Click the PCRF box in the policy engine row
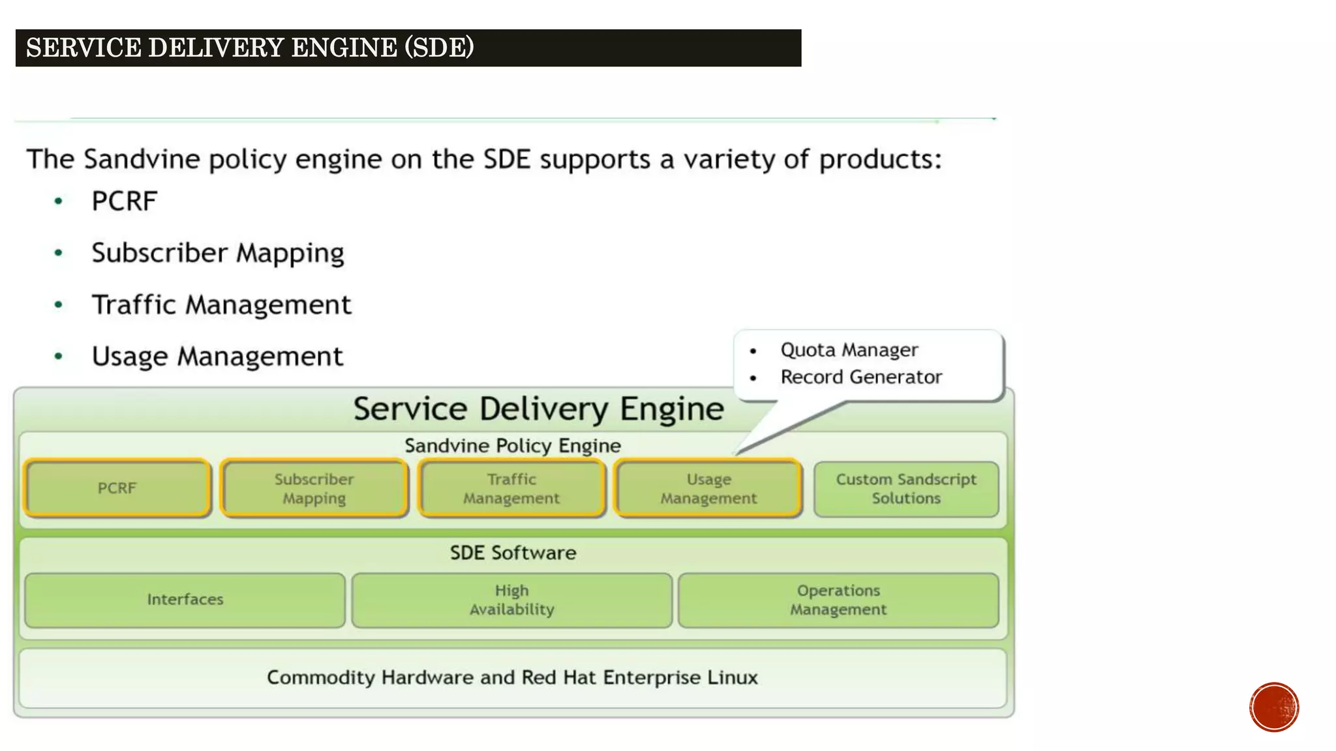point(117,488)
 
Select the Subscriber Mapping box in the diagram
point(314,488)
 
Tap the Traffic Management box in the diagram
point(511,488)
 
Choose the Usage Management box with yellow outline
point(708,488)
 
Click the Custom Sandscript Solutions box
point(906,488)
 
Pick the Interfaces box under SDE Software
point(185,600)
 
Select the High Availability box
point(512,600)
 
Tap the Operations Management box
point(838,600)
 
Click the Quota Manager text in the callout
point(849,350)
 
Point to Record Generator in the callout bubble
point(861,377)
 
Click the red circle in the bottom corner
point(1274,707)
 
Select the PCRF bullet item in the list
point(124,201)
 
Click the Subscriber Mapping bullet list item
point(217,253)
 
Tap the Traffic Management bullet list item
point(221,304)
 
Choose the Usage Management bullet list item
point(217,357)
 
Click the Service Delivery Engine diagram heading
point(538,409)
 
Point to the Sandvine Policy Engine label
point(512,446)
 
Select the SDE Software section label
point(513,553)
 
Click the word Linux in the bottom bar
point(732,677)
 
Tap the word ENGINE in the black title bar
point(344,48)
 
